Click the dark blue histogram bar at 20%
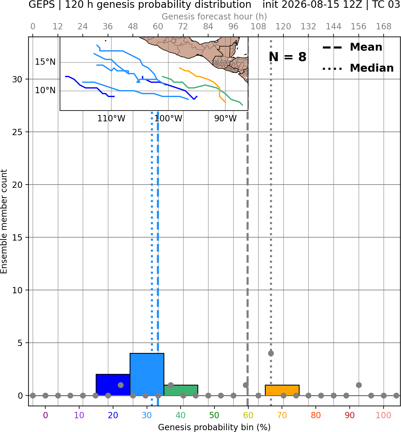pos(113,385)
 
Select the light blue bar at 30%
pos(147,374)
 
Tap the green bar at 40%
pos(181,390)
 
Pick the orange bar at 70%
pos(282,390)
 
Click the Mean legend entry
pos(352,47)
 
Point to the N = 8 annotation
pos(288,57)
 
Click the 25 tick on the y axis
pos(17,132)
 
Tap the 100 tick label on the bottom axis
pos(384,416)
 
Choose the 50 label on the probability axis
pos(214,416)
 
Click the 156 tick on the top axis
pos(358,27)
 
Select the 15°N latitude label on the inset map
pos(45,62)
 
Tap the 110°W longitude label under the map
pos(111,119)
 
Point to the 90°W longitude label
pos(226,119)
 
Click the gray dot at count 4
pos(271,354)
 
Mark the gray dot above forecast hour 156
pos(359,385)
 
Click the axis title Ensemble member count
pos(4,221)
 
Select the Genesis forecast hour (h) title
pos(214,16)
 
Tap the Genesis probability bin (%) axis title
pos(214,427)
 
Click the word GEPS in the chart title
pos(42,4)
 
